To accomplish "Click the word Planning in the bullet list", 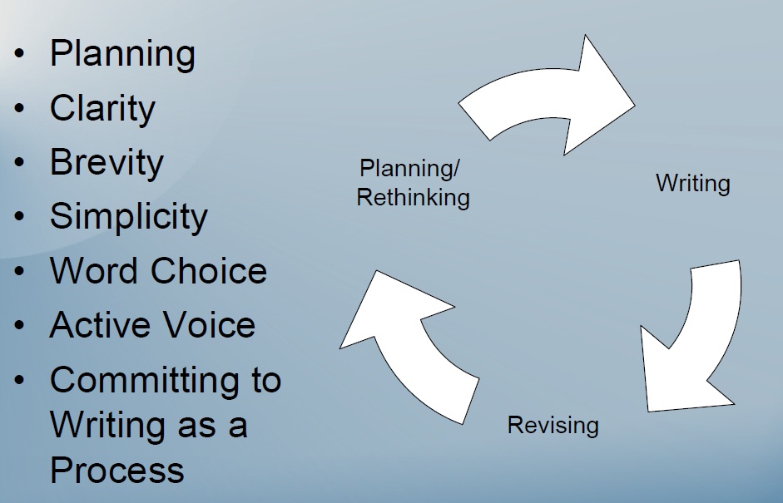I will (122, 54).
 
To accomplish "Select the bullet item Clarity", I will (102, 108).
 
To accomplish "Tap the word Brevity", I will (107, 162).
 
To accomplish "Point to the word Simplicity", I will (128, 216).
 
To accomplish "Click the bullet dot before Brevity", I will (20, 163).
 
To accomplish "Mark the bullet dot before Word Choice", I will (20, 272).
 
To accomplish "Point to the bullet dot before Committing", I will (20, 381).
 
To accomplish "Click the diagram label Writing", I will (693, 183).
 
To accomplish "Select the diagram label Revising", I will (553, 426).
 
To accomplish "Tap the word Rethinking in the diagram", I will (414, 198).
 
